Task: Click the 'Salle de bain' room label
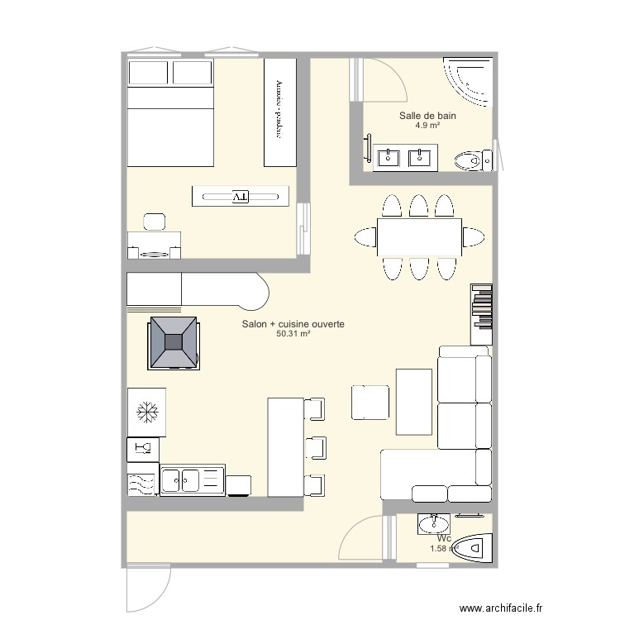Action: click(x=427, y=116)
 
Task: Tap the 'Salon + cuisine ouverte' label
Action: click(x=293, y=324)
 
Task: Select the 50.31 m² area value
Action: click(x=293, y=334)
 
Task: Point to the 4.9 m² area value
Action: click(x=427, y=126)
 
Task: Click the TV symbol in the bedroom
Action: click(x=241, y=197)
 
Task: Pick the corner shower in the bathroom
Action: click(x=468, y=82)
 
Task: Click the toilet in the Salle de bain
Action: click(x=474, y=160)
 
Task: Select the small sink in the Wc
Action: click(x=434, y=524)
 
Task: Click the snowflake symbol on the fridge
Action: click(x=147, y=413)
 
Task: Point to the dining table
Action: click(x=419, y=237)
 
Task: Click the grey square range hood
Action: click(x=174, y=343)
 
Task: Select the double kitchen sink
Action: click(x=193, y=480)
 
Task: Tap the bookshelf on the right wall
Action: click(x=482, y=314)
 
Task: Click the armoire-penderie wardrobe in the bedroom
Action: click(x=280, y=112)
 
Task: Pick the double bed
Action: click(x=170, y=112)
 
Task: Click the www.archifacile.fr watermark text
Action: click(x=501, y=608)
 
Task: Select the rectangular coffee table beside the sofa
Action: click(x=414, y=402)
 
